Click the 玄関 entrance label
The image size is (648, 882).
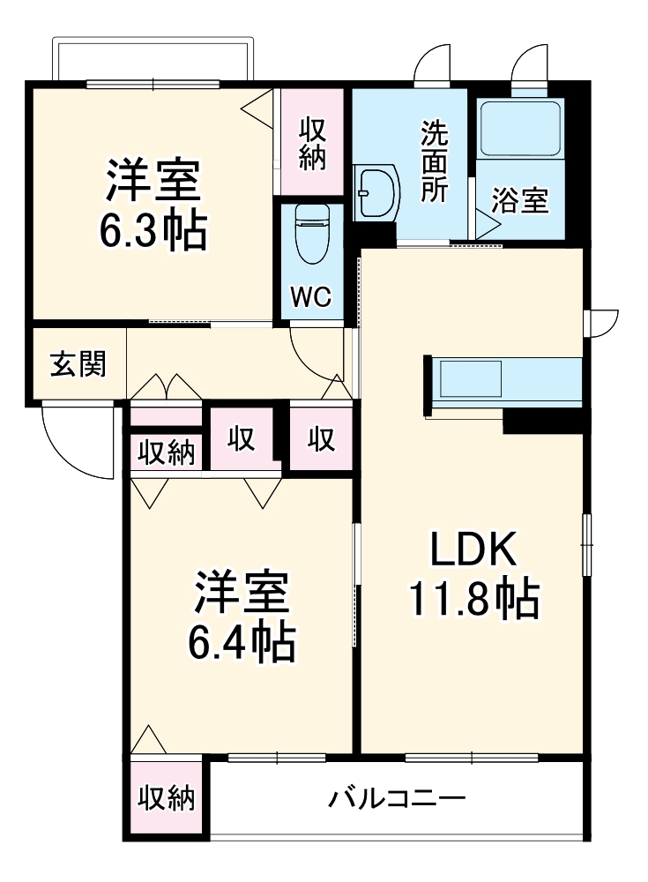point(78,364)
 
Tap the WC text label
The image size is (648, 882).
point(311,296)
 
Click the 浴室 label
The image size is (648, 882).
point(520,199)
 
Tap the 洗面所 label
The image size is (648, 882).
point(436,161)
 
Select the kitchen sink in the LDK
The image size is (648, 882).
point(470,378)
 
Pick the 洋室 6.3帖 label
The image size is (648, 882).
point(153,205)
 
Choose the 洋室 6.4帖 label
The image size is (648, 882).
point(242,616)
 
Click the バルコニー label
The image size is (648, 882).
point(397,798)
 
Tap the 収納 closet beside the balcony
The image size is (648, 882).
point(167,797)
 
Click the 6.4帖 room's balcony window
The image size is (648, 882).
point(277,758)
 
